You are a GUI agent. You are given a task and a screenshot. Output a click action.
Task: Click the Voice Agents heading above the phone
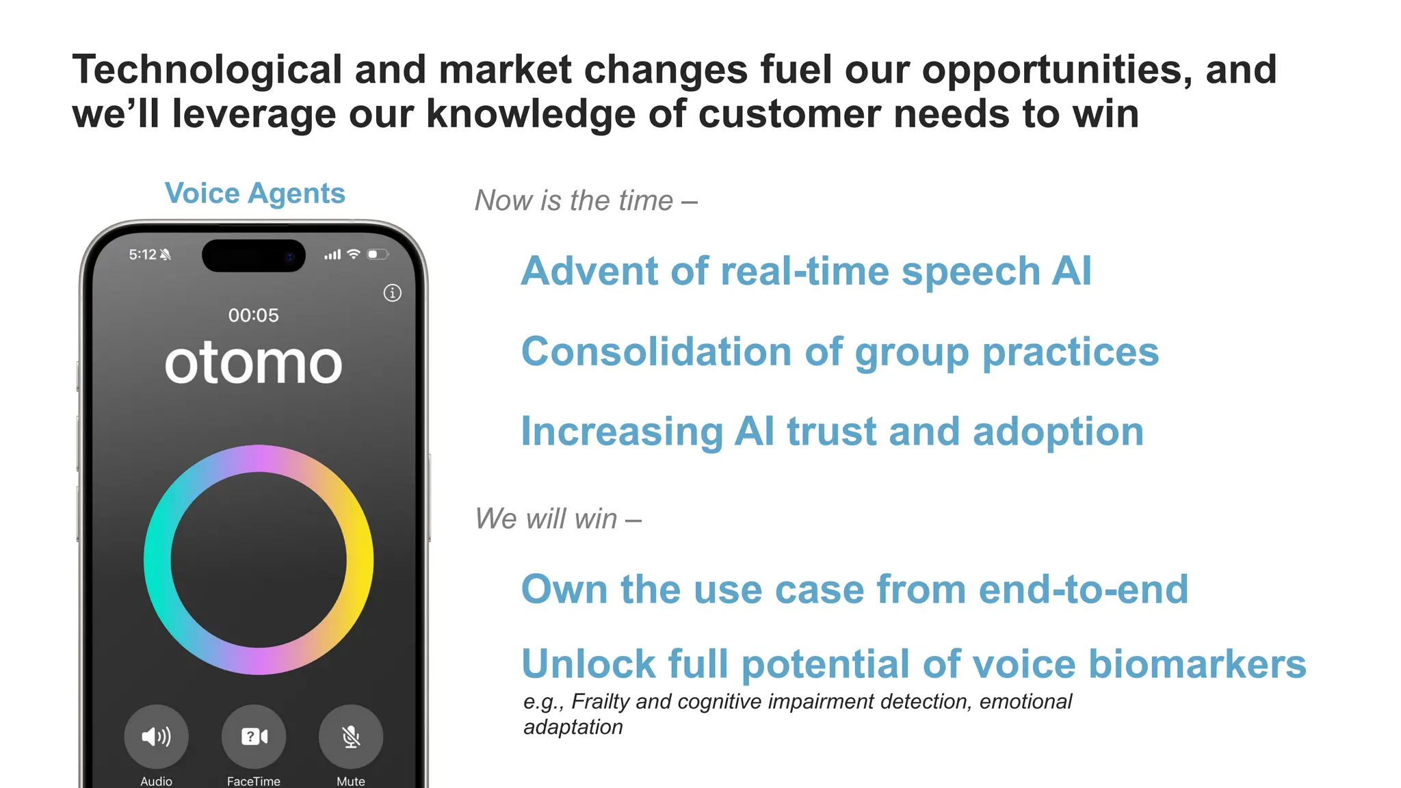pyautogui.click(x=254, y=194)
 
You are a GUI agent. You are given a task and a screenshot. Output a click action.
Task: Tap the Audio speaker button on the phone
pyautogui.click(x=156, y=737)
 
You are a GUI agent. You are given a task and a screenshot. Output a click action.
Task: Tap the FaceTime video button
pyautogui.click(x=254, y=737)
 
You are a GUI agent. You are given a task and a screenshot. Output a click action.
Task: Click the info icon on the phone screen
pyautogui.click(x=392, y=293)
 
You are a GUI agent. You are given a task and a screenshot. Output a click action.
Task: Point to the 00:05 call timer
pyautogui.click(x=253, y=315)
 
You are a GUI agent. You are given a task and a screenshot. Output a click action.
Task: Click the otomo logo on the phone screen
pyautogui.click(x=253, y=363)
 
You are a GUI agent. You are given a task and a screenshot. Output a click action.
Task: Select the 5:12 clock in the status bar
pyautogui.click(x=142, y=254)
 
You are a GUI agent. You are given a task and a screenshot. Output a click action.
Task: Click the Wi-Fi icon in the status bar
pyautogui.click(x=354, y=254)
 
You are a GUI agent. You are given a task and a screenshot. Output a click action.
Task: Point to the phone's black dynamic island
pyautogui.click(x=254, y=256)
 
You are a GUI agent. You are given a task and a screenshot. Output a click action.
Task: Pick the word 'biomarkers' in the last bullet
pyautogui.click(x=1197, y=664)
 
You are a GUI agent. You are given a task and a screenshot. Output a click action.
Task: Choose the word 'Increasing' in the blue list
pyautogui.click(x=622, y=432)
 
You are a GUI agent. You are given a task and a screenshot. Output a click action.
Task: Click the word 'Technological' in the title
pyautogui.click(x=207, y=70)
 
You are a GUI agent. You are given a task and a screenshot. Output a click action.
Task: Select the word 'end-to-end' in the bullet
pyautogui.click(x=1084, y=590)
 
